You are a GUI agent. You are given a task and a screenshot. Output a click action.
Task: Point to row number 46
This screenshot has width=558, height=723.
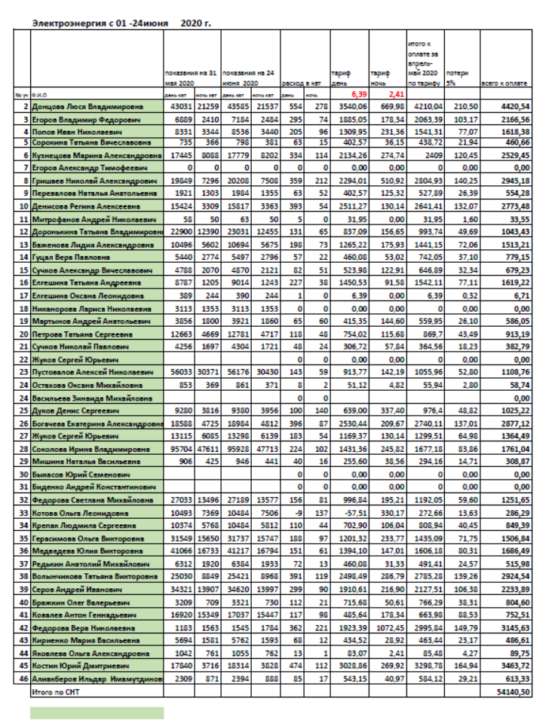(x=23, y=679)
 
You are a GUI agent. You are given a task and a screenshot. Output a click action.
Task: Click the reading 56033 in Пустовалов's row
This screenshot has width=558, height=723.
(x=180, y=371)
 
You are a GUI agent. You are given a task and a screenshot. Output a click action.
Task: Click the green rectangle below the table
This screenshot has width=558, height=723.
(x=97, y=712)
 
